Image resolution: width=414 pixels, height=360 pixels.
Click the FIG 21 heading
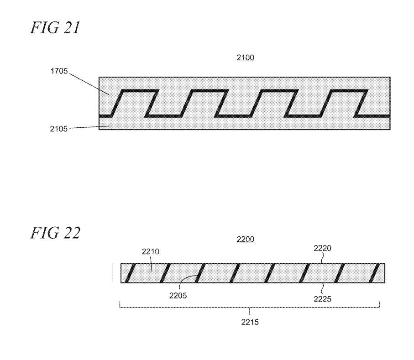55,28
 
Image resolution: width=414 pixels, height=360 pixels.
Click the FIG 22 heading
55,233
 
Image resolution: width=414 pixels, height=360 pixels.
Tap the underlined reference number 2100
245,57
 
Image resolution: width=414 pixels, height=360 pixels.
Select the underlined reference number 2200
245,240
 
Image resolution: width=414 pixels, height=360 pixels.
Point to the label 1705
59,71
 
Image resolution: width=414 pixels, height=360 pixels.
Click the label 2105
58,129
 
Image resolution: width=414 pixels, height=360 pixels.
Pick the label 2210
150,251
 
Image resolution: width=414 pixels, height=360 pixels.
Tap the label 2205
178,296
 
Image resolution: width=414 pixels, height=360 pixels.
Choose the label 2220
322,248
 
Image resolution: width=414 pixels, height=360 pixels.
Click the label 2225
322,299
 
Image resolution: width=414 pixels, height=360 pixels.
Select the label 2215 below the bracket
250,322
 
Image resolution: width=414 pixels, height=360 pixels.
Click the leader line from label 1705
89,83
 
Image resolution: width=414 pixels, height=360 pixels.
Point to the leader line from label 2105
89,127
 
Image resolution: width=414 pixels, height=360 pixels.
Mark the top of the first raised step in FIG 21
139,91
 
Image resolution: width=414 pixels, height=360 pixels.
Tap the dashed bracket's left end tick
120,305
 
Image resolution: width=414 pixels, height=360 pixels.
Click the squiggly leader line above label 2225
322,289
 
